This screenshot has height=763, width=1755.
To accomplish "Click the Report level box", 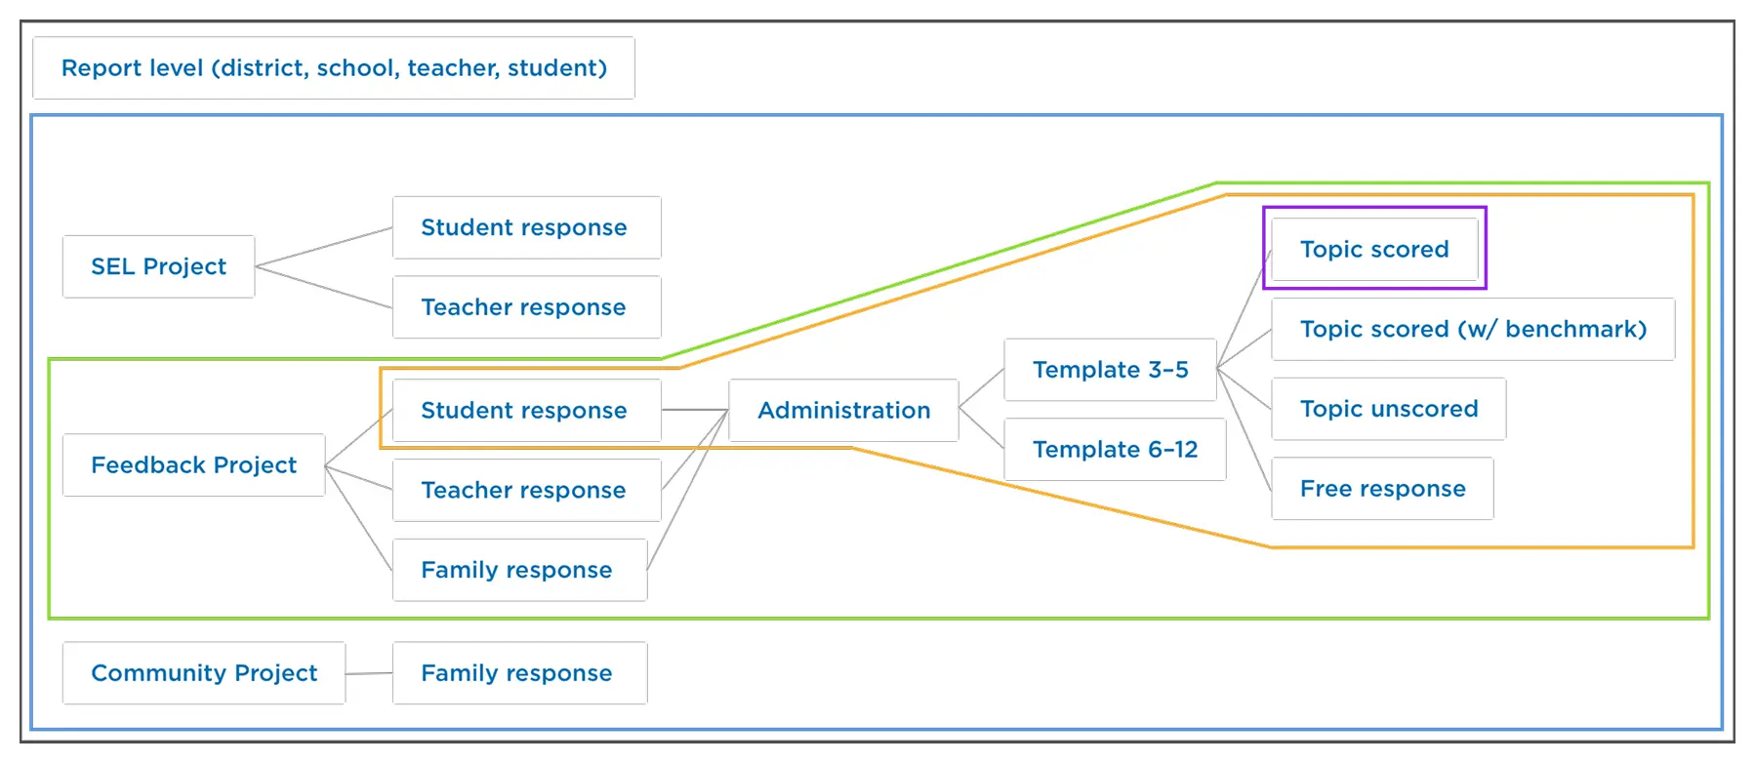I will click(x=333, y=68).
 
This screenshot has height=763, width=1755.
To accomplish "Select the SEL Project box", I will click(x=158, y=266).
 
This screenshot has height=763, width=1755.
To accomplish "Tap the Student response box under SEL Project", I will click(x=526, y=227).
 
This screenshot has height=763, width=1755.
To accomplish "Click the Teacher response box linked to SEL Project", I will click(x=526, y=307).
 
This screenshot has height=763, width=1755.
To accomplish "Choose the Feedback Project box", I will click(x=193, y=465).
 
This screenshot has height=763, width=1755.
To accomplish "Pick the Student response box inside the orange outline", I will click(x=526, y=411).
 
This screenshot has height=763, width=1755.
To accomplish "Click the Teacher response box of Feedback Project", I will click(x=526, y=490).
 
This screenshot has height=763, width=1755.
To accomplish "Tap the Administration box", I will click(x=843, y=411).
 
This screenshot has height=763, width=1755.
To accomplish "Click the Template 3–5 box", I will click(x=1110, y=370).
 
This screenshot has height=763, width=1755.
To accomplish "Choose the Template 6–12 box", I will click(x=1115, y=450).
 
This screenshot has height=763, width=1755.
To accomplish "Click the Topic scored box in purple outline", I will click(x=1374, y=250).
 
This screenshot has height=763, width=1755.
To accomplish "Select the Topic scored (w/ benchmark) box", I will click(x=1472, y=330).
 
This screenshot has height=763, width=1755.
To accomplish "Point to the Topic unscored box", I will click(x=1388, y=409).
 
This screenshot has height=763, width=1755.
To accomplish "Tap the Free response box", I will click(x=1382, y=489).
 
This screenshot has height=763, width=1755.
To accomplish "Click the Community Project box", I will click(x=203, y=673).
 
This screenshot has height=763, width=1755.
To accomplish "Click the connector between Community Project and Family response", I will click(x=369, y=673).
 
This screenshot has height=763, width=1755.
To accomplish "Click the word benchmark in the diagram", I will click(x=1574, y=330).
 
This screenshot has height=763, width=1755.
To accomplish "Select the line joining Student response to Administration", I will click(x=694, y=410).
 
